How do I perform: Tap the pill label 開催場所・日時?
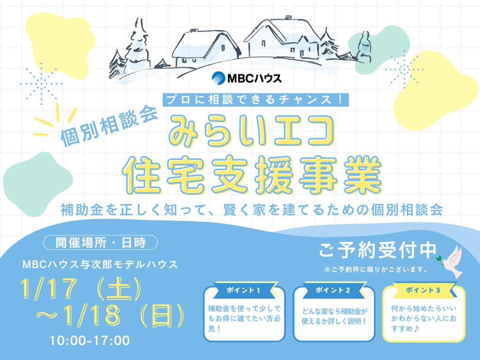point(100,243)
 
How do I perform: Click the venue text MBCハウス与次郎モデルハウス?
point(100,264)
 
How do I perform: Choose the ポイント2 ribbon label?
point(333,290)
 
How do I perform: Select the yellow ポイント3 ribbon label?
point(423,290)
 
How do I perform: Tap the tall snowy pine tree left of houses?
point(137,45)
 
